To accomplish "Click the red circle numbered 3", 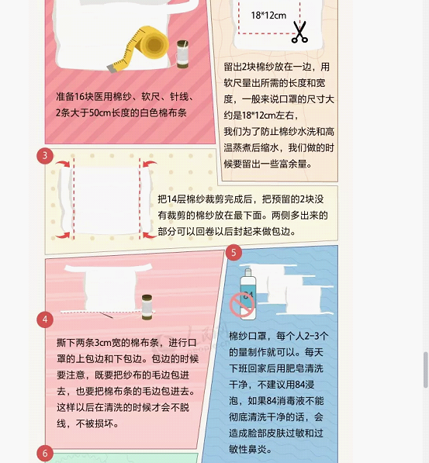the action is [45, 156].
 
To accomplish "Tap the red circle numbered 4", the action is [45, 320].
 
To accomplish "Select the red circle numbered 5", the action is [234, 253].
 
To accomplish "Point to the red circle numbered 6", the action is [45, 453].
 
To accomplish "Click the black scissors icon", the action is [299, 32].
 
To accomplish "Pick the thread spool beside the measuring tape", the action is [182, 54].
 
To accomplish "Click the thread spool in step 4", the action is [147, 307].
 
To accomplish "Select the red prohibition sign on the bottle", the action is [242, 305].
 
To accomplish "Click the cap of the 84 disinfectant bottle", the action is [248, 272].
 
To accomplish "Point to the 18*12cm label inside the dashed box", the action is [268, 16].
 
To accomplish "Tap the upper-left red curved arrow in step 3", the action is [63, 164].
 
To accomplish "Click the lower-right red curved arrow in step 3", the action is [150, 235].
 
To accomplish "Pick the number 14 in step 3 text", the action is [171, 199].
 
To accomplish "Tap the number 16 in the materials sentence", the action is [79, 97].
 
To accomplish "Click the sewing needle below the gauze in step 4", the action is [106, 315].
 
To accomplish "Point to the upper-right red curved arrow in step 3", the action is [150, 164].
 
